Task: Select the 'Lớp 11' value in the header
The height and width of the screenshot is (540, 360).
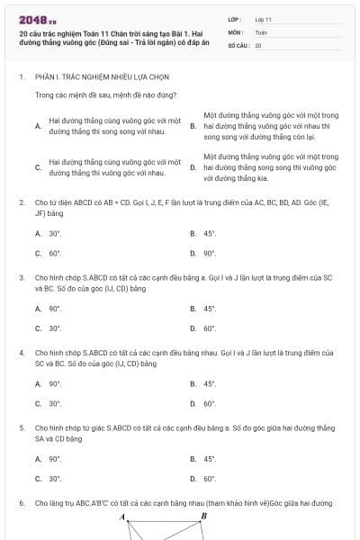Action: click(263, 18)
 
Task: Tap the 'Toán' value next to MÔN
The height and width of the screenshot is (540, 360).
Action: click(261, 31)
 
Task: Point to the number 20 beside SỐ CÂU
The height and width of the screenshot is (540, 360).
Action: click(258, 44)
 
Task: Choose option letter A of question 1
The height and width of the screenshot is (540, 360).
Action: click(37, 126)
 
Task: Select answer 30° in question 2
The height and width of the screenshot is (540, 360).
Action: click(54, 233)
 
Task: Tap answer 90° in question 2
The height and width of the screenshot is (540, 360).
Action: click(209, 253)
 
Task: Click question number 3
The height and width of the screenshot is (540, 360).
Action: click(22, 277)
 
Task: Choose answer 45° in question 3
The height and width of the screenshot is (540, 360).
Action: click(209, 309)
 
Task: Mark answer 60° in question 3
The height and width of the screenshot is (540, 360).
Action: click(209, 328)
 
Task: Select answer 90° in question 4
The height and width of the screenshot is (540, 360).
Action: click(54, 383)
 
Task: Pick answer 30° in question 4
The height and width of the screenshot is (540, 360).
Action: click(54, 403)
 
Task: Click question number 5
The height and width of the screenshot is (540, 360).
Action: click(22, 427)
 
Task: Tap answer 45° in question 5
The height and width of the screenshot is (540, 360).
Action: click(209, 459)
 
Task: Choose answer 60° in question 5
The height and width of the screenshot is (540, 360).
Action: click(209, 479)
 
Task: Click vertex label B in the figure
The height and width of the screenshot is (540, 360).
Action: click(203, 516)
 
